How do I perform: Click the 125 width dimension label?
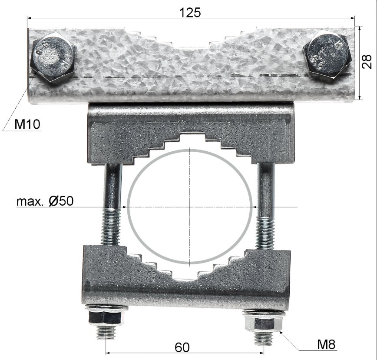[x=190, y=12]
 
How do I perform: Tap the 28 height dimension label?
[x=367, y=62]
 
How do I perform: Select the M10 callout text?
[x=27, y=124]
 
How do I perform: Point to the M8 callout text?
[x=326, y=344]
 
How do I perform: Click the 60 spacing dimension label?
[x=182, y=347]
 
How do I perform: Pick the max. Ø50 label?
[x=45, y=201]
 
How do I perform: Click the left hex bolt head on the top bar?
[x=53, y=57]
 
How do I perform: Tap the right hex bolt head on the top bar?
[x=327, y=54]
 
